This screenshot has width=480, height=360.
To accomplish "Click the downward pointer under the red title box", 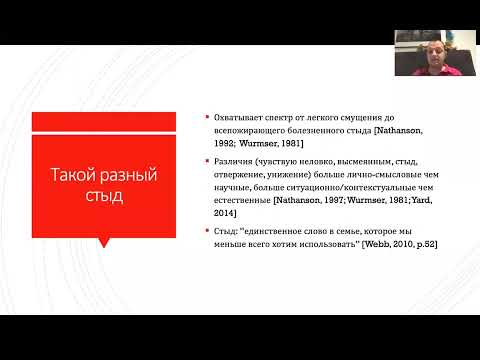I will click(x=104, y=240).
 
